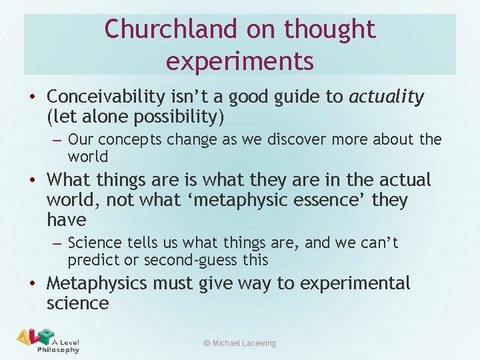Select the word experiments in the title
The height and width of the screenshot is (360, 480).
[239, 61]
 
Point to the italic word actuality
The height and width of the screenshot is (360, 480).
[385, 97]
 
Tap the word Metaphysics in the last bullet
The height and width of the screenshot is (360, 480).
[97, 283]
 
